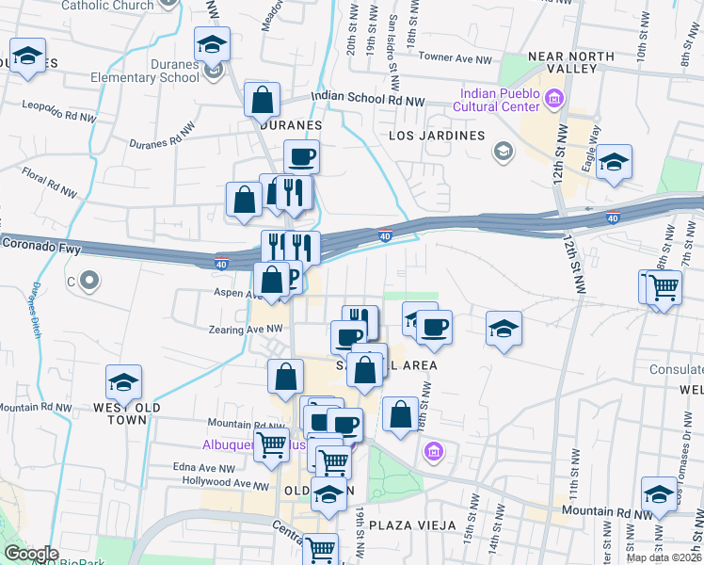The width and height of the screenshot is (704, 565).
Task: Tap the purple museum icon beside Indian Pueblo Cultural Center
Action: click(554, 97)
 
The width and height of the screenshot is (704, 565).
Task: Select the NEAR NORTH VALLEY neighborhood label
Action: click(570, 66)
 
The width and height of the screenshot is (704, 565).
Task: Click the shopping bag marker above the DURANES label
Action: click(263, 99)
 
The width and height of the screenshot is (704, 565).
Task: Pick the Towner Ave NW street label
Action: click(455, 59)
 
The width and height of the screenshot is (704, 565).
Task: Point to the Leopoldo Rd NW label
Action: click(58, 112)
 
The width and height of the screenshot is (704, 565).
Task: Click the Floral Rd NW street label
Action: click(50, 182)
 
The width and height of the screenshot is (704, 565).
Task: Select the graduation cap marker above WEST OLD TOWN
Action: click(123, 381)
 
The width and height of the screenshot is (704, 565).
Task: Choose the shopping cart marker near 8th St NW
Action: click(664, 286)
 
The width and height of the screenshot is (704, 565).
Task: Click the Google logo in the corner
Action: click(30, 555)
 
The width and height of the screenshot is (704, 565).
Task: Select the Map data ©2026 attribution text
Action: click(664, 557)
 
